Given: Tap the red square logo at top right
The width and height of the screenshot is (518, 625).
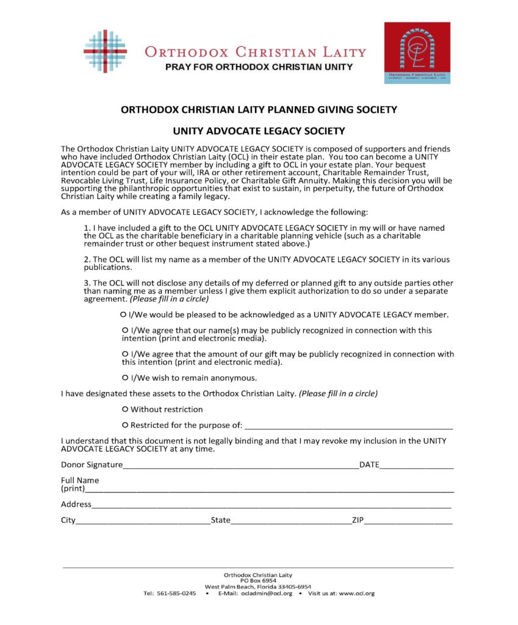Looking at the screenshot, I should [x=417, y=52].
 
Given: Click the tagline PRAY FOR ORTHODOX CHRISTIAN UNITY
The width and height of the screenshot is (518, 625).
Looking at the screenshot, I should [x=259, y=67].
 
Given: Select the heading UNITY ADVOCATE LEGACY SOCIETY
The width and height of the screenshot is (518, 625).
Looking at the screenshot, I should [x=259, y=131].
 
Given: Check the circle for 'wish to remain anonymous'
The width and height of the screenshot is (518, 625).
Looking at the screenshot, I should [x=125, y=378].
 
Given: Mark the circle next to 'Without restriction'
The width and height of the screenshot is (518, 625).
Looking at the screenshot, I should [x=125, y=409].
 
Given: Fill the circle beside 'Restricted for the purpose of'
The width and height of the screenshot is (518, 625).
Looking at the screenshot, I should [x=125, y=425].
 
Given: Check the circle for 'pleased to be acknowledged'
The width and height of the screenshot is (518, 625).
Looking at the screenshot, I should [x=124, y=315].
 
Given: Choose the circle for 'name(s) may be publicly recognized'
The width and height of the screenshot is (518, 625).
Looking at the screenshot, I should [x=125, y=330].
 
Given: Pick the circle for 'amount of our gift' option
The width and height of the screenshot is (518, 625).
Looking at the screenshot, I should [x=125, y=354].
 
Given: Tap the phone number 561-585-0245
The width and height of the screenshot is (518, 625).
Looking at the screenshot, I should [x=176, y=593].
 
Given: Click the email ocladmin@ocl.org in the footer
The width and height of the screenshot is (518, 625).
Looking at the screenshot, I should [x=267, y=593].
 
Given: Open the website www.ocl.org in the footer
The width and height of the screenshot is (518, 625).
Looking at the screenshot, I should [x=356, y=593].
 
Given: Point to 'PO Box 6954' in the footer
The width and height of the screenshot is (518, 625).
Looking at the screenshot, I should [x=258, y=580].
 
